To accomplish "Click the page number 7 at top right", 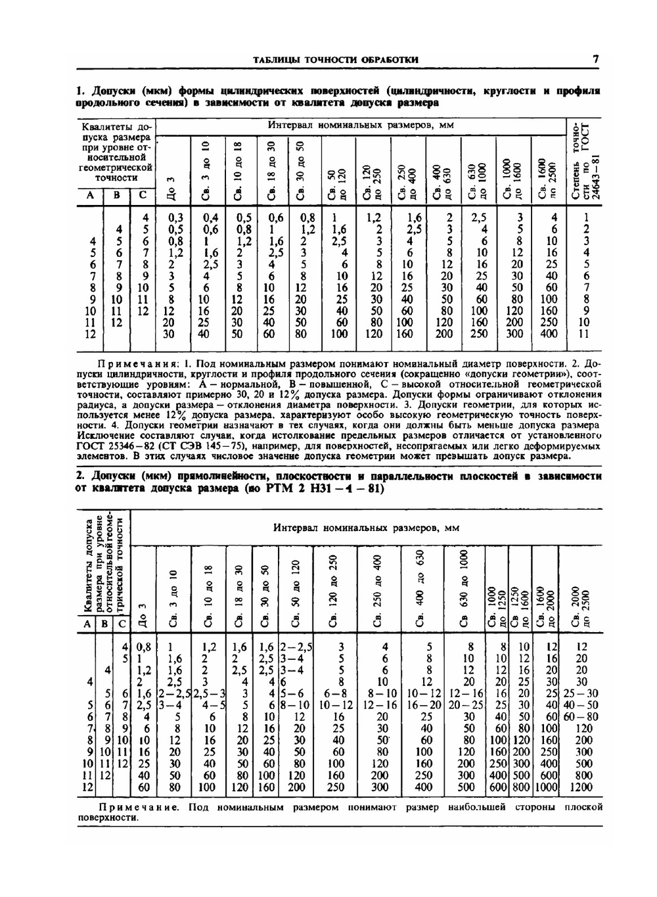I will point(595,59).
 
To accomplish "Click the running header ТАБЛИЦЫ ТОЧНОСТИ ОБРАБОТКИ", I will point(336,60).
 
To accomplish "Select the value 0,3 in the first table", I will point(175,218).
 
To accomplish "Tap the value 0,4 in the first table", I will point(210,218).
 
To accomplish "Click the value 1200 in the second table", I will point(581,787).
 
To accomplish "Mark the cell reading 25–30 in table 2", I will point(581,693).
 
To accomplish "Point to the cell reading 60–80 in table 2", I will point(581,716).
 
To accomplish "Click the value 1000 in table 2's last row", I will point(546,787).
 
